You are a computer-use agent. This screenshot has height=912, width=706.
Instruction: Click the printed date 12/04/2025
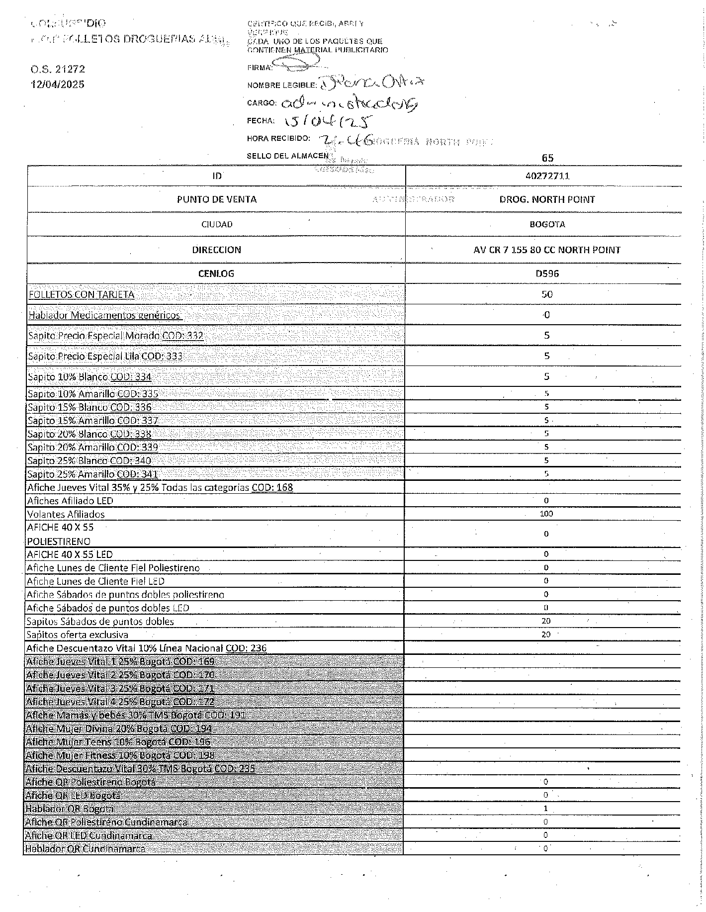[x=57, y=84]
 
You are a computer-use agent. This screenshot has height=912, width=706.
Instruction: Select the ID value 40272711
[x=547, y=176]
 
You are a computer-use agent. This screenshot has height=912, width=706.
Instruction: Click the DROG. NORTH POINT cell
[x=547, y=199]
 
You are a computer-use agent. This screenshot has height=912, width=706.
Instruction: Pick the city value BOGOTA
[x=547, y=224]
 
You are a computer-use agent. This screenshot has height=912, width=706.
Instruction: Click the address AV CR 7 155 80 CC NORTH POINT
[x=547, y=250]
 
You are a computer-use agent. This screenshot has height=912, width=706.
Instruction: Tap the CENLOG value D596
[x=547, y=274]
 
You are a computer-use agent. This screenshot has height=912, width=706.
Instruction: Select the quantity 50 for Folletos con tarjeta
[x=547, y=294]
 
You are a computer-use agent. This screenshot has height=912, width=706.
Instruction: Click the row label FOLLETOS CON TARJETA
[x=82, y=294]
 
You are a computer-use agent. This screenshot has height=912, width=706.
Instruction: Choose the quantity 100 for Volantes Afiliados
[x=546, y=514]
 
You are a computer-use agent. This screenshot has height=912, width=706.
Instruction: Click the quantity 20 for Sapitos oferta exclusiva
[x=546, y=635]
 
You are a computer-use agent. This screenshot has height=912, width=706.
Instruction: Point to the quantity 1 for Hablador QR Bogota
[x=545, y=809]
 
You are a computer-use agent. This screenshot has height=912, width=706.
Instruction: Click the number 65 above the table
[x=547, y=158]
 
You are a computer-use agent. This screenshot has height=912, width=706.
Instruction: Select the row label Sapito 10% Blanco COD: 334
[x=89, y=377]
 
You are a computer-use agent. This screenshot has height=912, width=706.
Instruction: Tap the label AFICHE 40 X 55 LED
[x=70, y=554]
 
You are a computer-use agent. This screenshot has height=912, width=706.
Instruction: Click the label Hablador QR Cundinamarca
[x=85, y=848]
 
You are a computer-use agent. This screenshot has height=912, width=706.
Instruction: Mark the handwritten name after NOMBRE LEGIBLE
[x=371, y=83]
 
